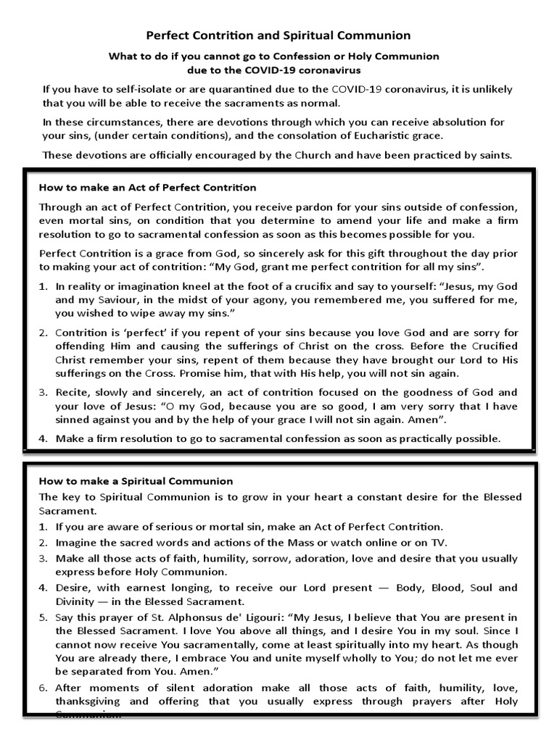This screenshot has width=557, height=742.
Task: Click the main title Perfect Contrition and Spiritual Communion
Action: (278, 35)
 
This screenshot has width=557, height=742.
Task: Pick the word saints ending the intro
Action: (495, 154)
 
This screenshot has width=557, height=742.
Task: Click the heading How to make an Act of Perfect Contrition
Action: (147, 188)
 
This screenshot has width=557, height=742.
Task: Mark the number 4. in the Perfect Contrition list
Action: (43, 438)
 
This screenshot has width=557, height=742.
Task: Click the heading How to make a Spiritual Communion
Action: (136, 480)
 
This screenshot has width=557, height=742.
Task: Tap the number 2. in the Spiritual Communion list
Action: (43, 543)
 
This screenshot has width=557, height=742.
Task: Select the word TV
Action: (440, 543)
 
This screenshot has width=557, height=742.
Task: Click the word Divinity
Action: (78, 601)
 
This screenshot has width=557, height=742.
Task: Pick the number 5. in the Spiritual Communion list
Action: (43, 617)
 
